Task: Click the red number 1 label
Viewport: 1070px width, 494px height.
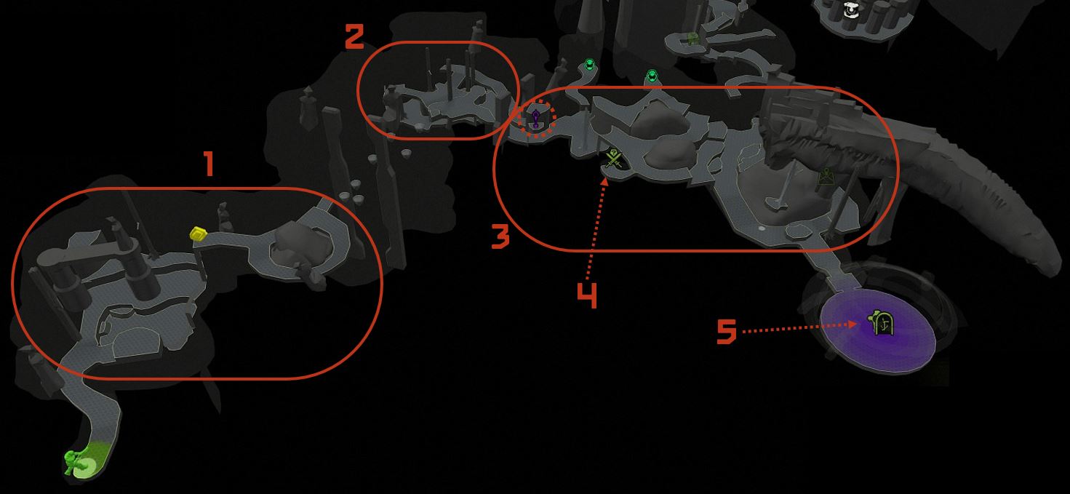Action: pyautogui.click(x=209, y=164)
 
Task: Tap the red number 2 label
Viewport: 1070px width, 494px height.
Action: pyautogui.click(x=354, y=37)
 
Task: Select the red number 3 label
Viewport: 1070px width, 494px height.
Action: pyautogui.click(x=500, y=237)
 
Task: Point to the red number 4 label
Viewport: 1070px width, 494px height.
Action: pyautogui.click(x=587, y=295)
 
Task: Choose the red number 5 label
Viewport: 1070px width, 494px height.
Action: pyautogui.click(x=727, y=332)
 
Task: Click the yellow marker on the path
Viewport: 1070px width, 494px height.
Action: pyautogui.click(x=199, y=234)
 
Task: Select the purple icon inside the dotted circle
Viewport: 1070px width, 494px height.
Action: pyautogui.click(x=536, y=118)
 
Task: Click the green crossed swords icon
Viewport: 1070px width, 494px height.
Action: pyautogui.click(x=613, y=158)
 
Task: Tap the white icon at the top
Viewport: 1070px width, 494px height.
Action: pyautogui.click(x=850, y=9)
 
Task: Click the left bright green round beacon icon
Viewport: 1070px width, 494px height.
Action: pyautogui.click(x=589, y=64)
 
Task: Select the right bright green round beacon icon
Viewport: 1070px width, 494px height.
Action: pyautogui.click(x=652, y=76)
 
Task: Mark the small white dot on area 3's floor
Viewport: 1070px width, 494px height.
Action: pyautogui.click(x=762, y=229)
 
